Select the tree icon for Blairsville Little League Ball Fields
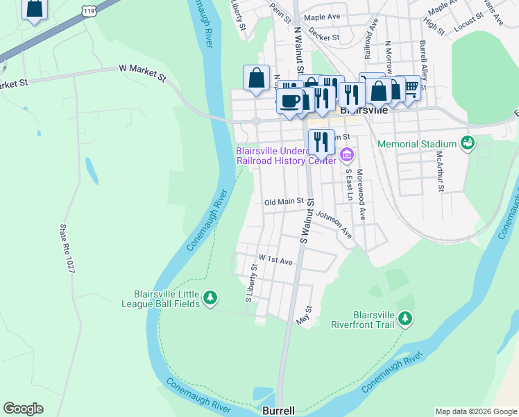[x=210, y=299]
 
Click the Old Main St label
[x=284, y=202]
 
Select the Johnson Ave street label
[x=334, y=224]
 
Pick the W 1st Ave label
[x=275, y=260]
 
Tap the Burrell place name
[x=278, y=411]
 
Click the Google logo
[x=23, y=409]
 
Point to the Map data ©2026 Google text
[x=475, y=411]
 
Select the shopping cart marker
[x=411, y=87]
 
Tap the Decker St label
[x=323, y=38]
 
